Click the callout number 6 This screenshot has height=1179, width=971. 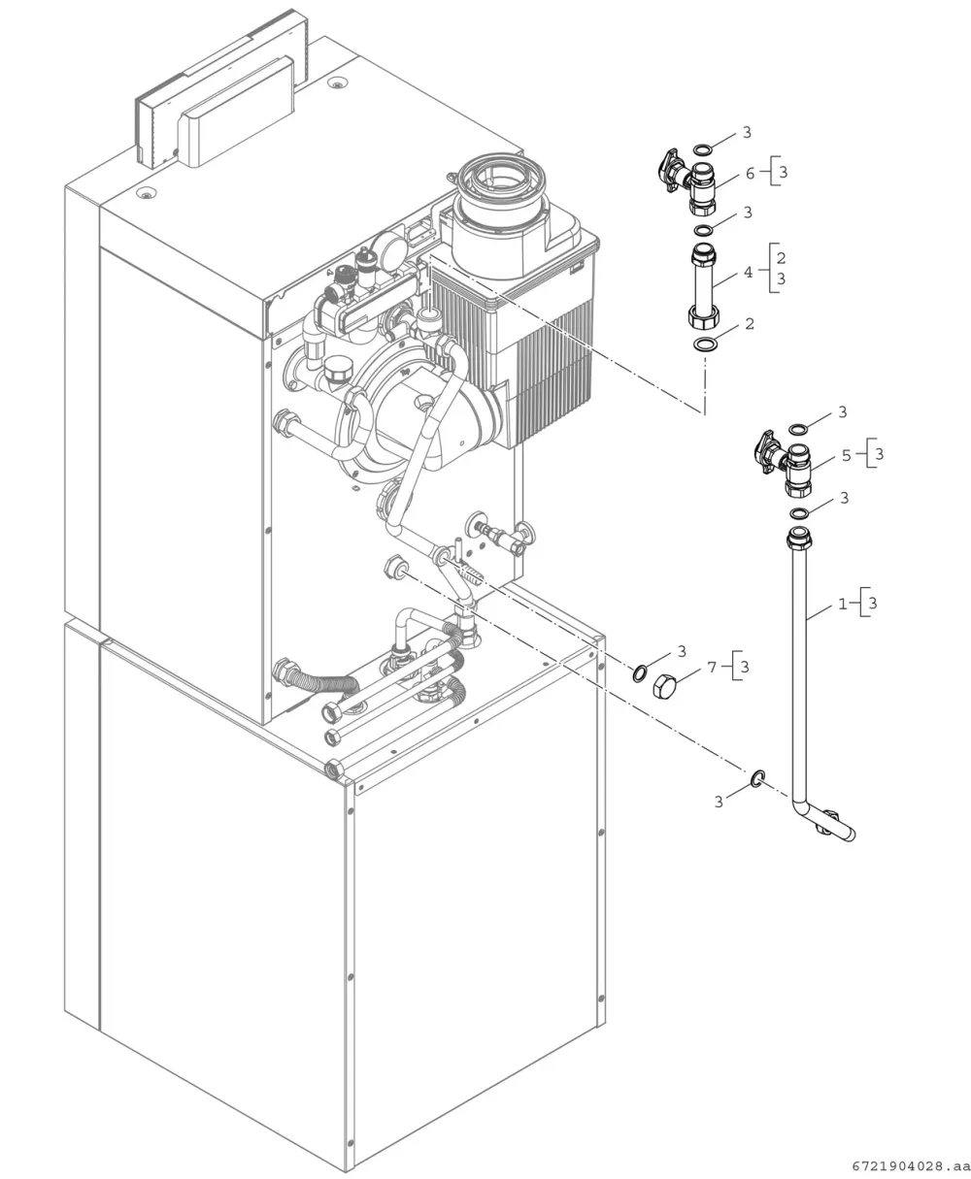point(750,174)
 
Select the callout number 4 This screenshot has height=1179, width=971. point(749,273)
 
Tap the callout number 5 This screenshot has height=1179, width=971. point(847,456)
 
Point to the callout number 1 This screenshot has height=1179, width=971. point(843,604)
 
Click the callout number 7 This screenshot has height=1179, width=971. point(712,667)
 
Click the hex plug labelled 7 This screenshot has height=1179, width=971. point(664,686)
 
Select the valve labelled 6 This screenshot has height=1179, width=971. point(689,182)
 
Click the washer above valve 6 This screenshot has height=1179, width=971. point(703,149)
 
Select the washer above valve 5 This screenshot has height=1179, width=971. point(798,429)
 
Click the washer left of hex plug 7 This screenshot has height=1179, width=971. point(640,673)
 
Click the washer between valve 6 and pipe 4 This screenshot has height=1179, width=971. point(704,230)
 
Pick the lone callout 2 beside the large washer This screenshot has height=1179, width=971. point(750,324)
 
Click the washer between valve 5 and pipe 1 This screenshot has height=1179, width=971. point(799,512)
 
